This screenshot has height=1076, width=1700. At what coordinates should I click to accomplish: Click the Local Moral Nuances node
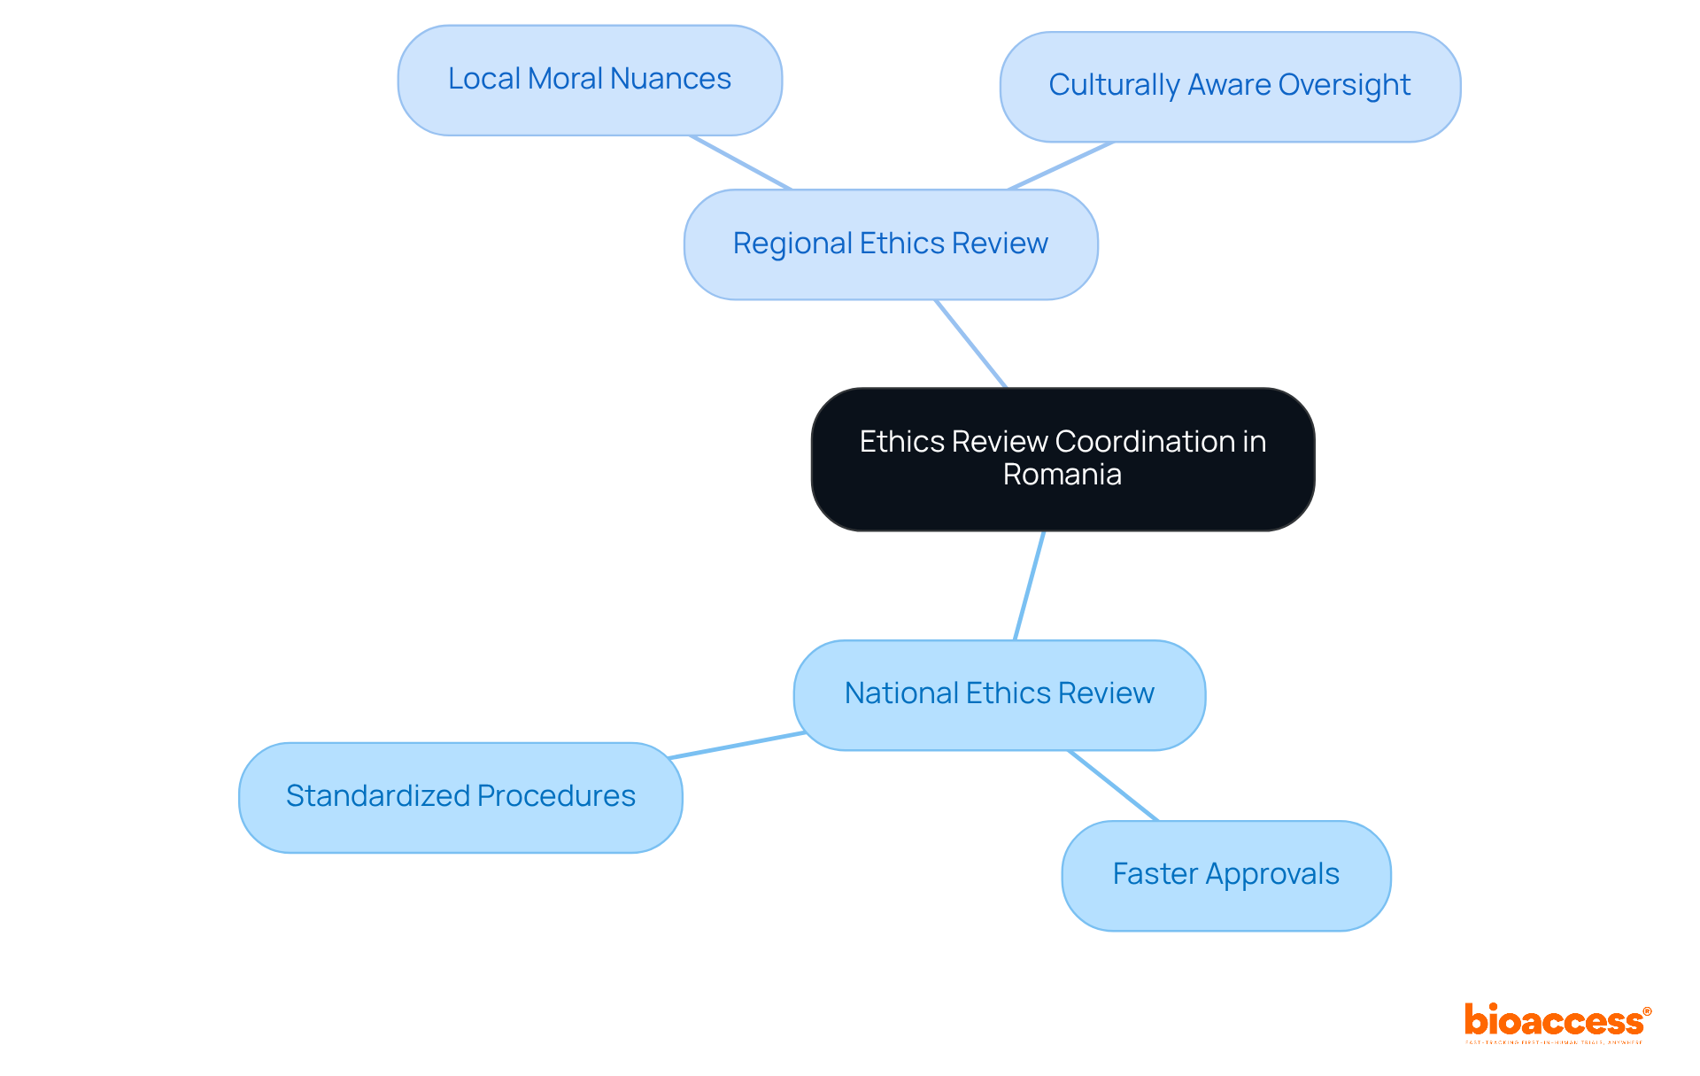click(590, 80)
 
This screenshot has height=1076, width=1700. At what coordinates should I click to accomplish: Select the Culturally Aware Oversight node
click(1230, 86)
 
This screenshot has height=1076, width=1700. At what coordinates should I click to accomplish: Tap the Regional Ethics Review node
click(891, 244)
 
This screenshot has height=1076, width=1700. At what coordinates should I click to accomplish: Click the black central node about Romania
click(1062, 459)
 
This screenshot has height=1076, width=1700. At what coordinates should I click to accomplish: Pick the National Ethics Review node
click(999, 694)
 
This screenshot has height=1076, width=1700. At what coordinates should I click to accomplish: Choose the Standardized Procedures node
click(460, 797)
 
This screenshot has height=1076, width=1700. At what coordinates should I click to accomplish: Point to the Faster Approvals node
click(1225, 875)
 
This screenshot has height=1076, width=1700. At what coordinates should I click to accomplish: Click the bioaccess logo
click(1557, 1022)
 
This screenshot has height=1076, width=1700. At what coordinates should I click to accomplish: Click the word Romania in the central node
click(1062, 475)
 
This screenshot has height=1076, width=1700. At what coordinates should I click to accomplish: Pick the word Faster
click(1155, 874)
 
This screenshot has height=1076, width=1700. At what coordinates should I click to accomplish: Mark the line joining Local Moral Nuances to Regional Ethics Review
click(740, 162)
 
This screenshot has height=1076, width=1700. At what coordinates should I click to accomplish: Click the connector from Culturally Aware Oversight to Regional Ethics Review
click(1060, 166)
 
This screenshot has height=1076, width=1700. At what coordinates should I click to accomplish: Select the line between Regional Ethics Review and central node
click(970, 344)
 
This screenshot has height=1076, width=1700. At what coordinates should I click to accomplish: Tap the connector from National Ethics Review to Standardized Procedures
click(737, 746)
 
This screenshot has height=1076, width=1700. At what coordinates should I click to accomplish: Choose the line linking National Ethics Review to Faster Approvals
click(1113, 786)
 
